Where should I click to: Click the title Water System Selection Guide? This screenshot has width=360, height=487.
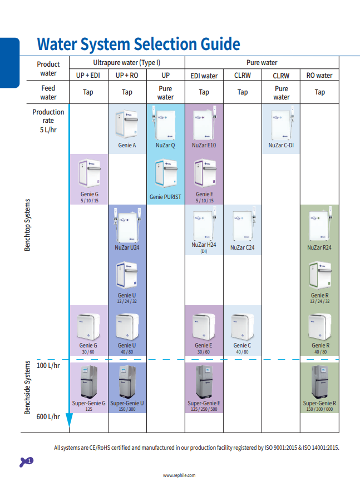tap(139, 44)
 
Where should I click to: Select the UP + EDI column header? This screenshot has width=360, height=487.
tap(88, 76)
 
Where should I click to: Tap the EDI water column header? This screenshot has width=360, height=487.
tap(204, 76)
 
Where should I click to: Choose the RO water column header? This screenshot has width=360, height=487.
tap(319, 76)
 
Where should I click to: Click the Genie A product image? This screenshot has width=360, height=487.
tap(127, 126)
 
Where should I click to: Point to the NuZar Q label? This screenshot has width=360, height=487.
tap(165, 146)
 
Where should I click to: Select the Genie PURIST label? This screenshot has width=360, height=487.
tap(165, 197)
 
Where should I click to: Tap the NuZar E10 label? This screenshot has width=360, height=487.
tap(204, 146)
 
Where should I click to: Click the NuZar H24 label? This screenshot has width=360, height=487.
tap(204, 245)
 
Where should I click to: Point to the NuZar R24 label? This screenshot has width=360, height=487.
tap(319, 247)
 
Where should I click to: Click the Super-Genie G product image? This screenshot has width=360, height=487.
tap(88, 382)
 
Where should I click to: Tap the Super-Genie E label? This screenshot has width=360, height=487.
tap(204, 403)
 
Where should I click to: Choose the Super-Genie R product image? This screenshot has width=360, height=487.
tap(319, 382)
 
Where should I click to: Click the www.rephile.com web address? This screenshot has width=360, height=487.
tap(179, 475)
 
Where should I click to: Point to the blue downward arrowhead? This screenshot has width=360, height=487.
tap(69, 422)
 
